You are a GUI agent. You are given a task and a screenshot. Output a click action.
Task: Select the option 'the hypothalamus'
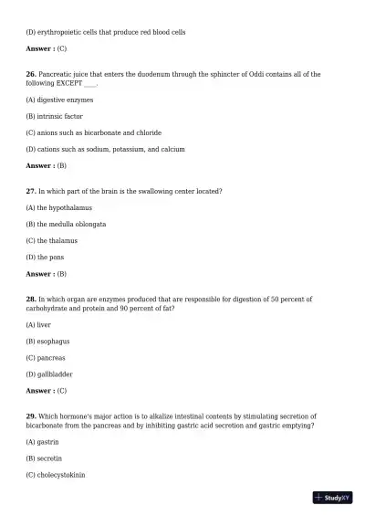pos(59,207)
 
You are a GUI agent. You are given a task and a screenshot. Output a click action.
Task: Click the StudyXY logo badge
pos(332,498)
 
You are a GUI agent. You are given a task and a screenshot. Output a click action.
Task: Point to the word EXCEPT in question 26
pos(70,82)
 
